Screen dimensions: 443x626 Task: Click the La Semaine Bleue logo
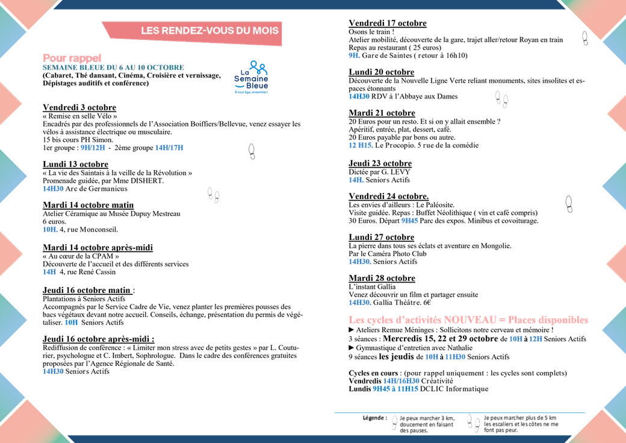252,77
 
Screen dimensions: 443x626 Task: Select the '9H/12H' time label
93,148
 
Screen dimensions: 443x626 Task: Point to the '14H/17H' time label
169,148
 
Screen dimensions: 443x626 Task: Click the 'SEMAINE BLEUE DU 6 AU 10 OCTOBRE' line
113,68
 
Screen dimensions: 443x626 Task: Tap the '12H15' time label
360,145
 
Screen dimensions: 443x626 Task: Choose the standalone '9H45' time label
409,221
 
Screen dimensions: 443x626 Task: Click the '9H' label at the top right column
353,56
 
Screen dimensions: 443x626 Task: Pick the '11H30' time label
456,357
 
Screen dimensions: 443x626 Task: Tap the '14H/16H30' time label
401,381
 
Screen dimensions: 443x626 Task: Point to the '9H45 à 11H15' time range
395,389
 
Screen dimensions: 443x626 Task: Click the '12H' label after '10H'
536,339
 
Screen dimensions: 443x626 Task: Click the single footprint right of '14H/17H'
252,151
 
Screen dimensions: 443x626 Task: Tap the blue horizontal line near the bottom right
459,413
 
